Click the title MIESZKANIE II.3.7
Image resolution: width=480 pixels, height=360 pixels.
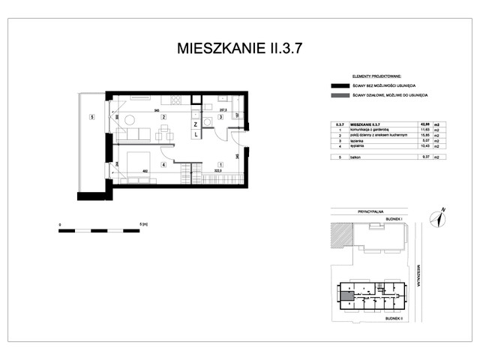[240, 49]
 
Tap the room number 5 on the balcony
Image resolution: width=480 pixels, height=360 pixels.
[91, 117]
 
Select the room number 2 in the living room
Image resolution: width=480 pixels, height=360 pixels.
[163, 117]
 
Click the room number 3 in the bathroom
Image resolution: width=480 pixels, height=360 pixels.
[220, 117]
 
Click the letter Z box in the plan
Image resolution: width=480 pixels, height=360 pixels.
[195, 124]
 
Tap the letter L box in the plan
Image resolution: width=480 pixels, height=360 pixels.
[195, 135]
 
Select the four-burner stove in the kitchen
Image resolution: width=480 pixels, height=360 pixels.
[175, 100]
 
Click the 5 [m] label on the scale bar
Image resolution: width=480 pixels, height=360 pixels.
[142, 223]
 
